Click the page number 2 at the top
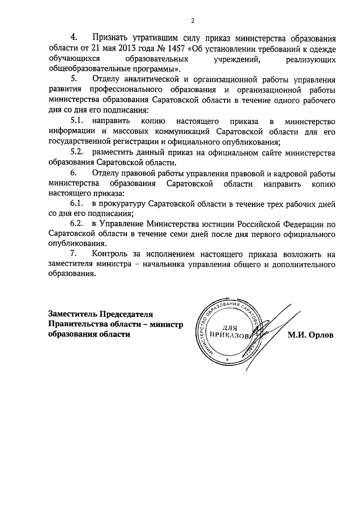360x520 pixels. (x=193, y=21)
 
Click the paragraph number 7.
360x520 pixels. (x=73, y=254)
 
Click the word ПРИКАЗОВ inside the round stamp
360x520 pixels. (x=229, y=335)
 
